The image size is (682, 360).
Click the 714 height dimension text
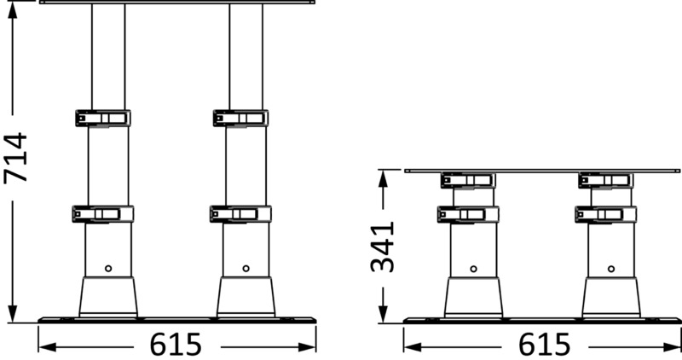pyautogui.click(x=16, y=159)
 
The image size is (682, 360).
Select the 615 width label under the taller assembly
pyautogui.click(x=176, y=345)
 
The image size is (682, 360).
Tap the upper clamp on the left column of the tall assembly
pyautogui.click(x=102, y=118)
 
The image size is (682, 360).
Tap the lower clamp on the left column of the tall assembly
pyautogui.click(x=102, y=214)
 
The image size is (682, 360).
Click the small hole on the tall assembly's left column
pyautogui.click(x=108, y=268)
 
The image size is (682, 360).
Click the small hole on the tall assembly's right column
pyautogui.click(x=246, y=268)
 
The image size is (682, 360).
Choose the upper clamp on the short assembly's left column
pyautogui.click(x=468, y=180)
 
